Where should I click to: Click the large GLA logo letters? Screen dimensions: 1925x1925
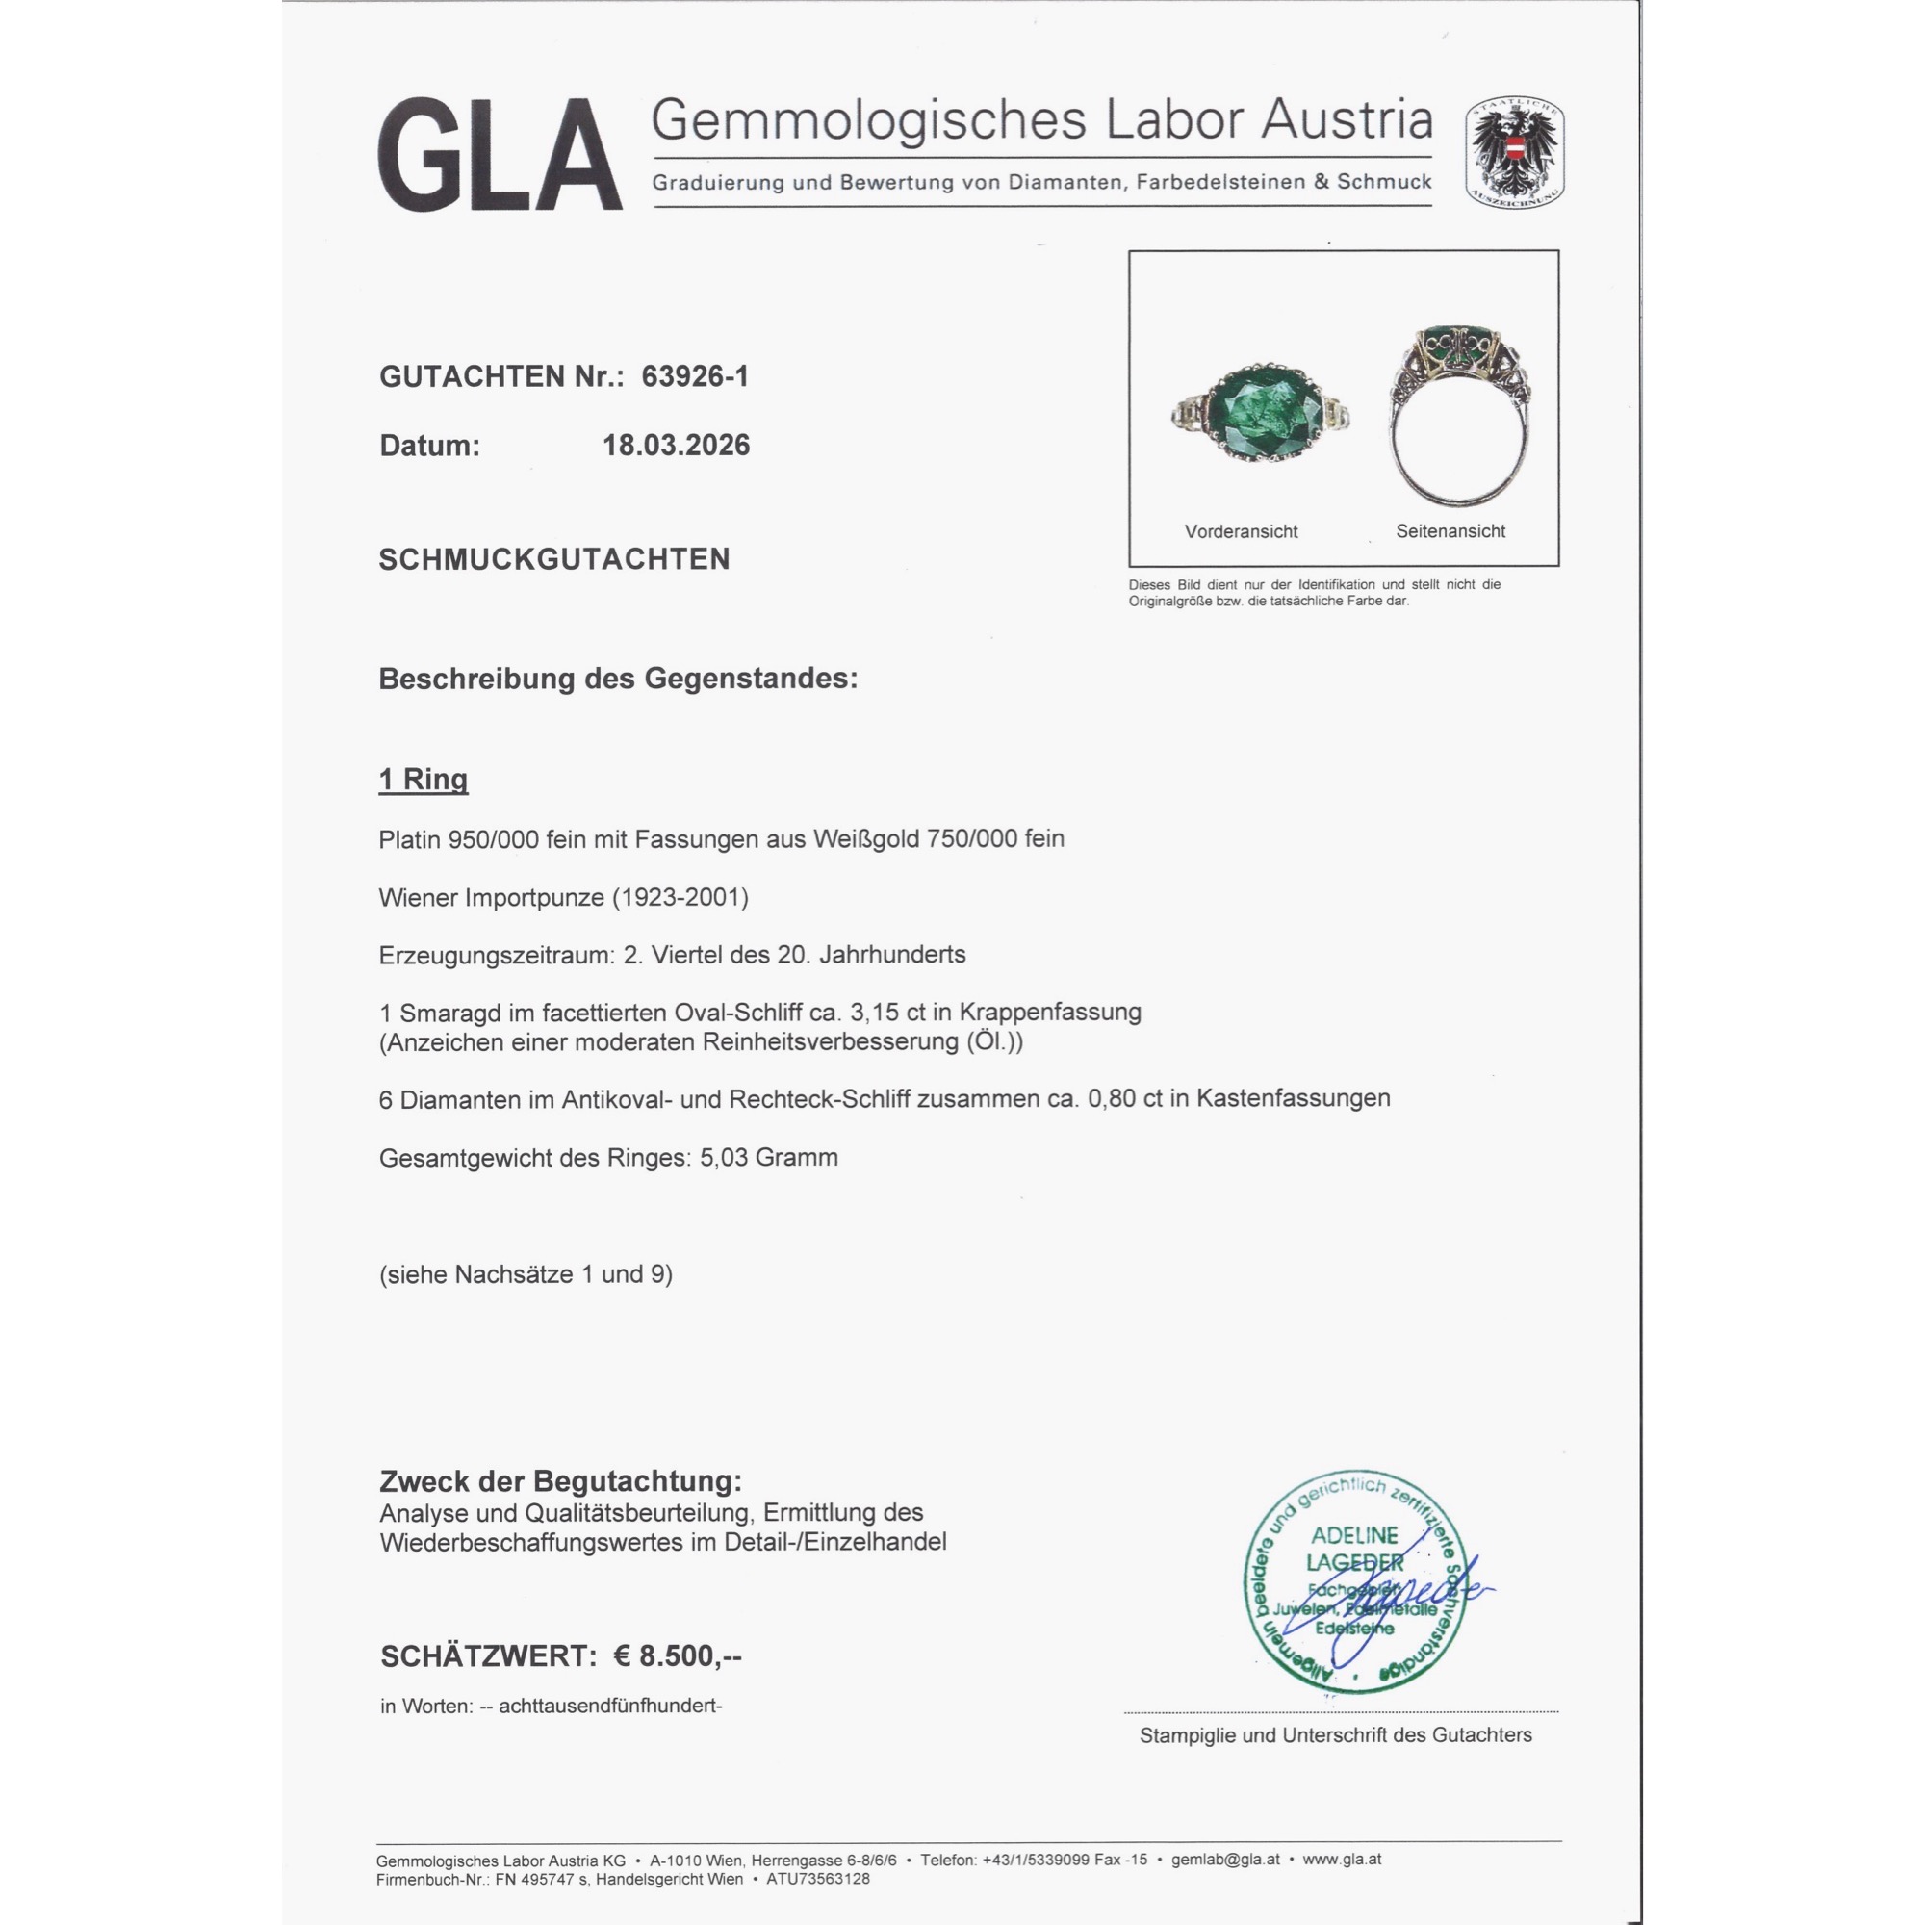[x=500, y=154]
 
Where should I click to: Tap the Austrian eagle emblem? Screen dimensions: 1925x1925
[x=1513, y=152]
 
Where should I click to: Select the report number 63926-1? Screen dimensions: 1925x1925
[x=695, y=375]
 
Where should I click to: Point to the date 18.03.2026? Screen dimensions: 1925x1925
[x=676, y=445]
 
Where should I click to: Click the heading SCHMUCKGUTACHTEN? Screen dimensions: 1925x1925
[x=554, y=559]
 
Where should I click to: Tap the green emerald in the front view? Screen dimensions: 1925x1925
[x=1258, y=412]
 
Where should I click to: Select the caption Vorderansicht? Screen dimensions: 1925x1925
[x=1241, y=531]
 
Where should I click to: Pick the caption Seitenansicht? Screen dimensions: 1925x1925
[x=1450, y=531]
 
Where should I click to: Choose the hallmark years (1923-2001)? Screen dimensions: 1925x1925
[x=679, y=897]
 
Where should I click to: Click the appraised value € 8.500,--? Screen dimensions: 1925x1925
[x=677, y=1655]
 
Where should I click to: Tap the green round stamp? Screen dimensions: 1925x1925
[x=1354, y=1584]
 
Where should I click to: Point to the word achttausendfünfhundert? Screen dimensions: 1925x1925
[x=610, y=1706]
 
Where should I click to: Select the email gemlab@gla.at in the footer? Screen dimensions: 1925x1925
[x=1224, y=1860]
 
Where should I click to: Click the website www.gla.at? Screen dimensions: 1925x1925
[x=1341, y=1860]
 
